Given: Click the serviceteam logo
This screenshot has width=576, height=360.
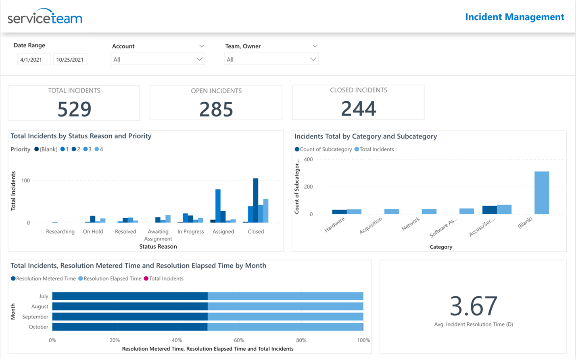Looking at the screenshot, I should (x=45, y=17).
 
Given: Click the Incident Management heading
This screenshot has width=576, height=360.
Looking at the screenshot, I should (x=514, y=17).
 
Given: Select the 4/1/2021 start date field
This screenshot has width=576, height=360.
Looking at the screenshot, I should (x=33, y=60).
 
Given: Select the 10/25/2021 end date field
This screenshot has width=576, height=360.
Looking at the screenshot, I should (x=70, y=60).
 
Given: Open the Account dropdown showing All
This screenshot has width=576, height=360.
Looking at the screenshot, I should (x=158, y=59).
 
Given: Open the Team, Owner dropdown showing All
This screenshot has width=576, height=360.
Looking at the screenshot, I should (x=271, y=59).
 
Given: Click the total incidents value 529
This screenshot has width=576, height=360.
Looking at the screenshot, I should (x=74, y=109).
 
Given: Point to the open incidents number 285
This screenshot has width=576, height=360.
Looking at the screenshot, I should (x=216, y=109).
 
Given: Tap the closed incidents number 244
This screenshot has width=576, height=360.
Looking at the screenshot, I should (x=359, y=108).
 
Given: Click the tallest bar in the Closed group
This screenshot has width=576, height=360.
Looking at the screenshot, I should (x=255, y=201).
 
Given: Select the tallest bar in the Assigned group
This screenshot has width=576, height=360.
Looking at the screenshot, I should (x=218, y=206).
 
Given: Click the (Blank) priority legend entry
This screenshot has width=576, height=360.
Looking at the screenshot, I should (x=46, y=149).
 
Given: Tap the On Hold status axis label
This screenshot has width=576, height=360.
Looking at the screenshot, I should (x=93, y=232).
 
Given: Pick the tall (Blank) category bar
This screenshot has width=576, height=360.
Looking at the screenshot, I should (x=541, y=193).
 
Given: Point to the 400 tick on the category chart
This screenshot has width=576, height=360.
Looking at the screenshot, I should (x=308, y=159).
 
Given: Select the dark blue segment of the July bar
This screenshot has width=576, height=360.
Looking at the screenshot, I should (x=130, y=296).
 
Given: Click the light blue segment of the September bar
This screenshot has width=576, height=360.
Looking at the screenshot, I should (x=285, y=317).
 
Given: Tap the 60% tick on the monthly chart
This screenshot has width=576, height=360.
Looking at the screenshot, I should (x=239, y=340).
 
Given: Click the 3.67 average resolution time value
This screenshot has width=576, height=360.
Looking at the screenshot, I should (x=474, y=306).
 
